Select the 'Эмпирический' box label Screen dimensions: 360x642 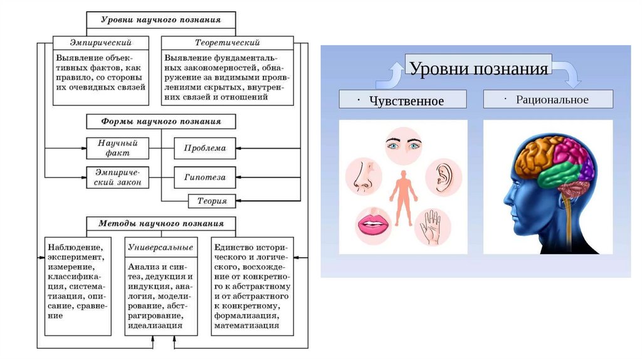[100, 43]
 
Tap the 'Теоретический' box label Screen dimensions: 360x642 [228, 43]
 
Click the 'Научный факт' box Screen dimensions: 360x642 [117, 148]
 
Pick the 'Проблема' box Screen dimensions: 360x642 [205, 148]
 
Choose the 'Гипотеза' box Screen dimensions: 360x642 [205, 177]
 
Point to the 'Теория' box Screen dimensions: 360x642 [212, 201]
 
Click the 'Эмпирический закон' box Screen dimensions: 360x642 [117, 177]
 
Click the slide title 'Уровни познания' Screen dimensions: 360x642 [479, 68]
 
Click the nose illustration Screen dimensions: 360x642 [362, 175]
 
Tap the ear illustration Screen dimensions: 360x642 [445, 177]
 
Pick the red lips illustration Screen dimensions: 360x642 [373, 224]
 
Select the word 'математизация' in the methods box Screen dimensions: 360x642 [246, 326]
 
